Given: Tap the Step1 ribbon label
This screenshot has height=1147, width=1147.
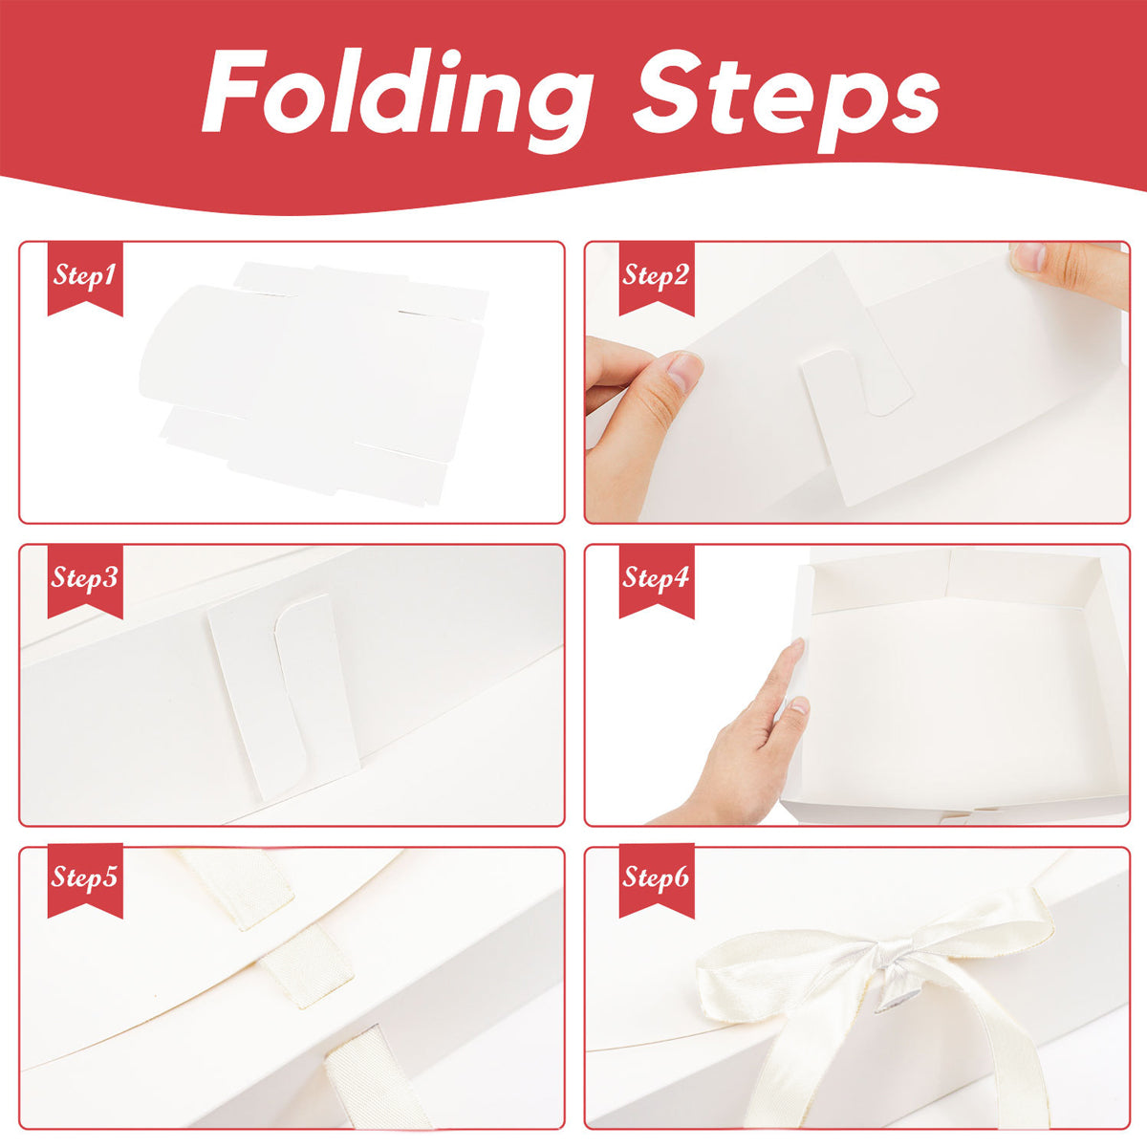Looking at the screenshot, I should (x=85, y=277).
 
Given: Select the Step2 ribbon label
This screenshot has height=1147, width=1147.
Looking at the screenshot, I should (x=656, y=277).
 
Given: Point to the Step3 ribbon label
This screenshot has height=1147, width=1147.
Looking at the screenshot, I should (x=85, y=579).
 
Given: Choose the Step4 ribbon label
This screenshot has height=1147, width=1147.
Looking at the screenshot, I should (x=656, y=579).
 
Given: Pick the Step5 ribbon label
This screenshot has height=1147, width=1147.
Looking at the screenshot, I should (x=85, y=877).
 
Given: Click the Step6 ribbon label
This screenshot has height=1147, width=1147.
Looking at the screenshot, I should (x=656, y=877).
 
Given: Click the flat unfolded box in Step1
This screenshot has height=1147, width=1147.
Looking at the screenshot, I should (x=315, y=382).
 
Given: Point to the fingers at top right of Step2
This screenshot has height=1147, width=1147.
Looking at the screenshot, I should (x=1066, y=268).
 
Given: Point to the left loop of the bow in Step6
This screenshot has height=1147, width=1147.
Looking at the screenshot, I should (x=765, y=975).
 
